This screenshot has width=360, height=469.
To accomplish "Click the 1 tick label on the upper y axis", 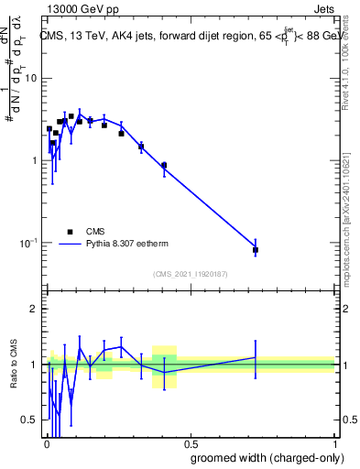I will (x=35, y=160).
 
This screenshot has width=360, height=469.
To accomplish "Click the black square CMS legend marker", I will (x=70, y=232).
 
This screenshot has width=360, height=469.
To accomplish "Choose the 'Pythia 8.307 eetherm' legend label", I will (x=132, y=245).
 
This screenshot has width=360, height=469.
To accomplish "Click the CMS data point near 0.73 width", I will (x=256, y=249).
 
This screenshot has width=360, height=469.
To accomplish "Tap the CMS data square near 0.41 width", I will (x=164, y=166).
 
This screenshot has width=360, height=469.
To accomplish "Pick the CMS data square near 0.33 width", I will (x=141, y=147).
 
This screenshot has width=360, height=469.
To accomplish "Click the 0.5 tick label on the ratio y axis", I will (x=31, y=420).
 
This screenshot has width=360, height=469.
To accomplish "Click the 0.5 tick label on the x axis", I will (x=190, y=442).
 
